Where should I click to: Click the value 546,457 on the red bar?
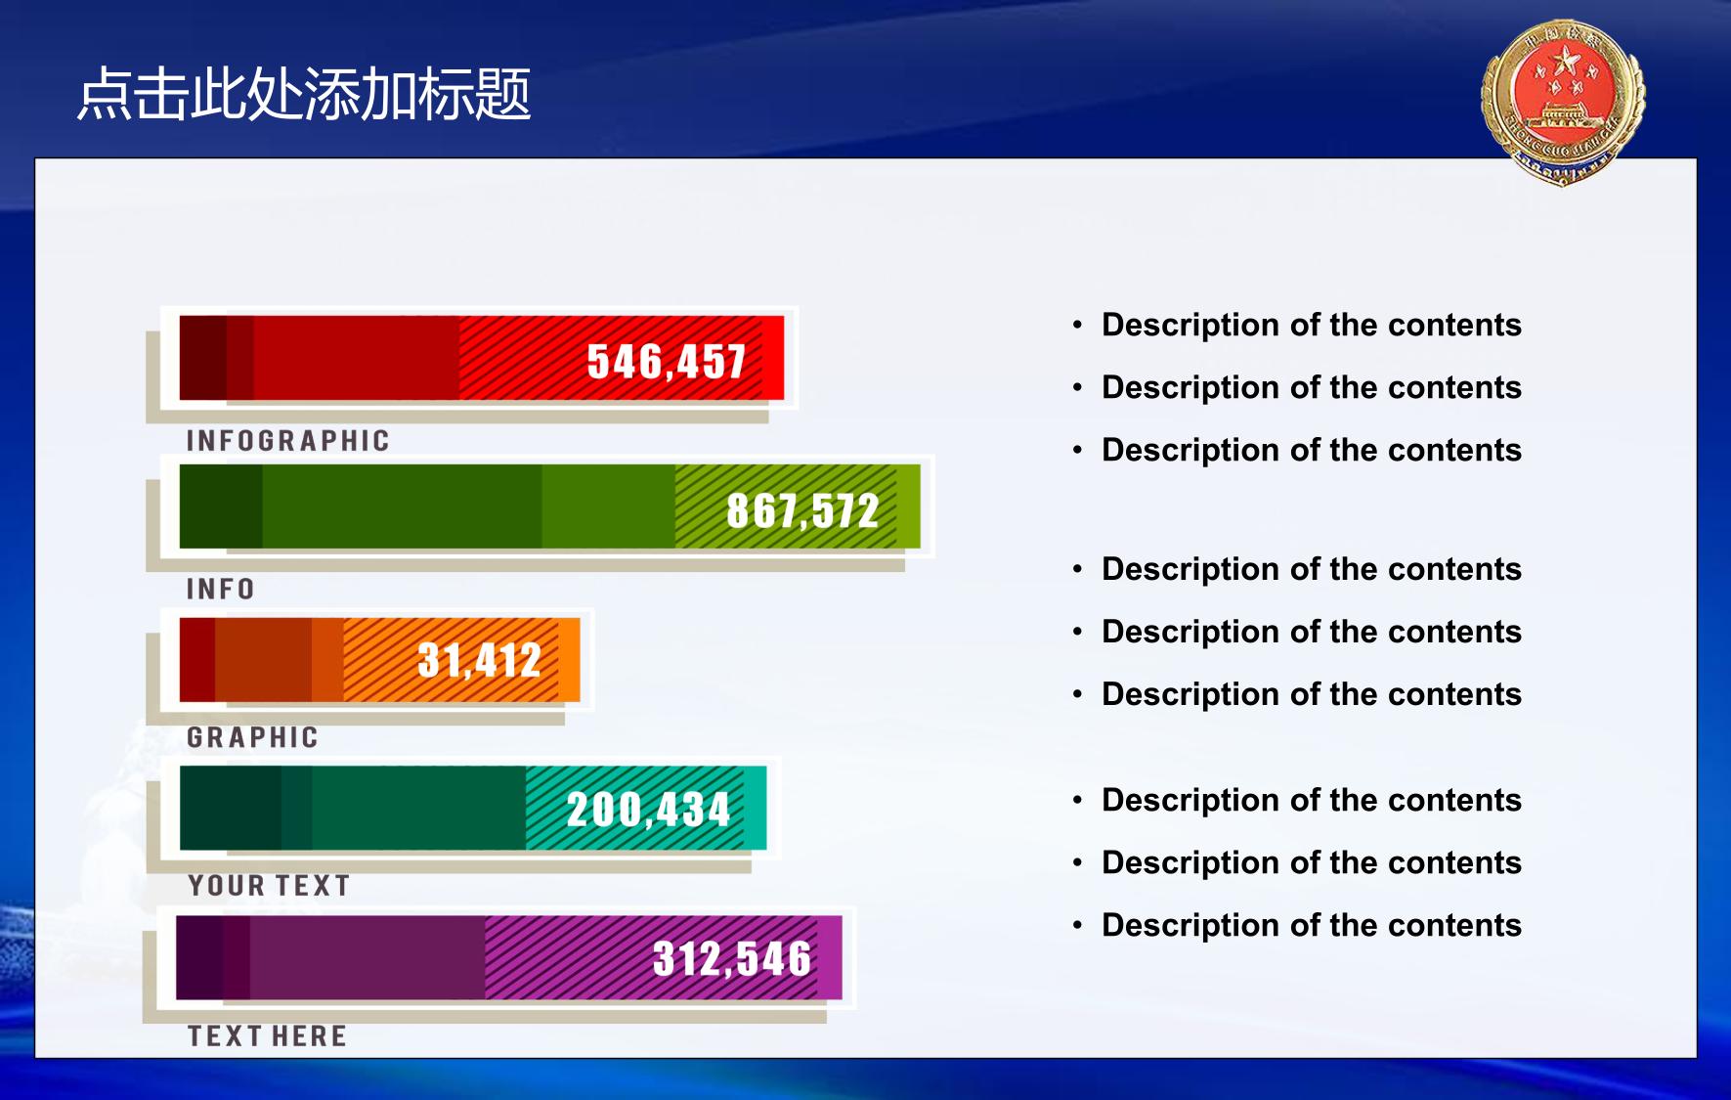pos(667,362)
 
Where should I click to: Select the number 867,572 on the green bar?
pos(802,510)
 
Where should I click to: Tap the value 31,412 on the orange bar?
pos(479,660)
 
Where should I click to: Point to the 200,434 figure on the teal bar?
pos(648,810)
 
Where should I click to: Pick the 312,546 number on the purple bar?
pos(732,958)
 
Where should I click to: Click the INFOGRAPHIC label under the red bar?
pos(288,441)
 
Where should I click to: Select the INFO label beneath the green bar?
pos(221,589)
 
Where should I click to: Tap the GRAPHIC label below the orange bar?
pos(253,737)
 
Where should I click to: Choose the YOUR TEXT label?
pos(269,886)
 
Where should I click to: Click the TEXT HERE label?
pos(267,1036)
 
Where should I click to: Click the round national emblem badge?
pos(1563,102)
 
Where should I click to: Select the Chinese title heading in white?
pos(304,95)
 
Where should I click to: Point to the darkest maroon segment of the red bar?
pos(203,358)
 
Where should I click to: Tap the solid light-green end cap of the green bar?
pos(909,506)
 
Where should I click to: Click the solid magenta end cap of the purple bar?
pos(830,957)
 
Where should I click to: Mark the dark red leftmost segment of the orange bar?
pos(197,660)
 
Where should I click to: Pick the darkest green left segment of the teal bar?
pos(231,809)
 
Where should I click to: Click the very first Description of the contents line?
pos(1311,325)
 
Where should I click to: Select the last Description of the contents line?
pos(1311,925)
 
